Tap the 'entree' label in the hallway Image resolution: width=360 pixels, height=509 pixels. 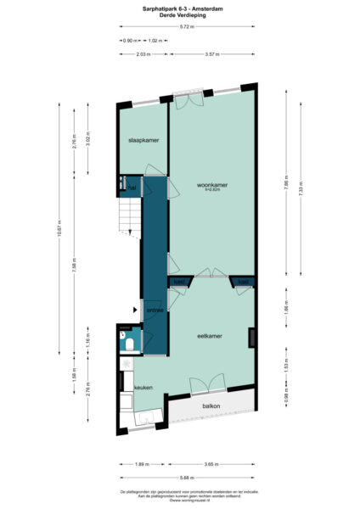(155, 311)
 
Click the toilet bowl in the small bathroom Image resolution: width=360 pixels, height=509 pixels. (126, 344)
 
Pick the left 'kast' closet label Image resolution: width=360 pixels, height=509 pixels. (179, 282)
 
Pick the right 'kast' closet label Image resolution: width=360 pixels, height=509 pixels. (243, 282)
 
